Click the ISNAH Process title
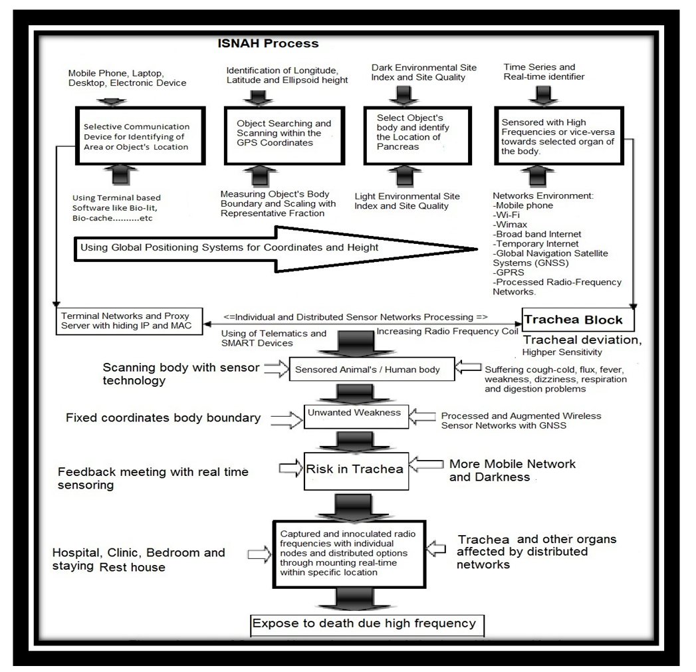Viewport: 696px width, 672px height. click(x=269, y=44)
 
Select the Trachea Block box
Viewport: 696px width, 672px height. click(x=574, y=320)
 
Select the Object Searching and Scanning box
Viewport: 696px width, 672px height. click(x=285, y=133)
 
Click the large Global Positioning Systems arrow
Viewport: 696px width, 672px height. click(x=266, y=248)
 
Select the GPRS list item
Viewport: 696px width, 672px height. click(x=509, y=273)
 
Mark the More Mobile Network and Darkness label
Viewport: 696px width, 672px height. click(x=512, y=469)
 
